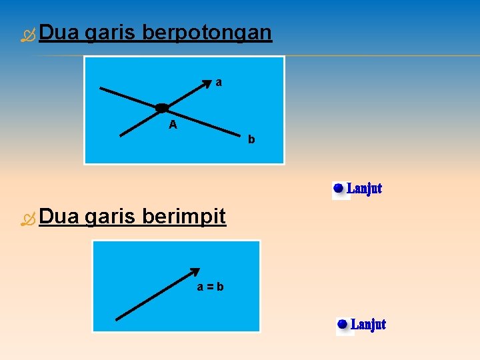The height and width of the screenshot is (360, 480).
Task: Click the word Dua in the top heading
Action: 61,33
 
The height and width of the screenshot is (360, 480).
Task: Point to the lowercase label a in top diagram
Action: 219,83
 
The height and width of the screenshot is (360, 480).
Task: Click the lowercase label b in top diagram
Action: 251,140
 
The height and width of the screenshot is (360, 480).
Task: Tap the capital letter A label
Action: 173,125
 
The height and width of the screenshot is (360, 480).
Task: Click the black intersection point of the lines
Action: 162,108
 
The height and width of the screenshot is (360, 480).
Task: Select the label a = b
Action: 210,287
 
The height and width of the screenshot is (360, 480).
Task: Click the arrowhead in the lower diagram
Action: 195,271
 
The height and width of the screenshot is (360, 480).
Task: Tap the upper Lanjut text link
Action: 365,189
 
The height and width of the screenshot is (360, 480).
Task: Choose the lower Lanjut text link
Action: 368,325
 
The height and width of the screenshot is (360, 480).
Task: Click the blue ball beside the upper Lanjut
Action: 339,189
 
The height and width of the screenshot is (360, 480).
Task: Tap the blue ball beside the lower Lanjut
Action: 343,325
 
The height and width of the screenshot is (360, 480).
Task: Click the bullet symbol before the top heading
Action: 27,35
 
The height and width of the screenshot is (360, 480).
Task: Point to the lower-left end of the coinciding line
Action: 117,321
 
